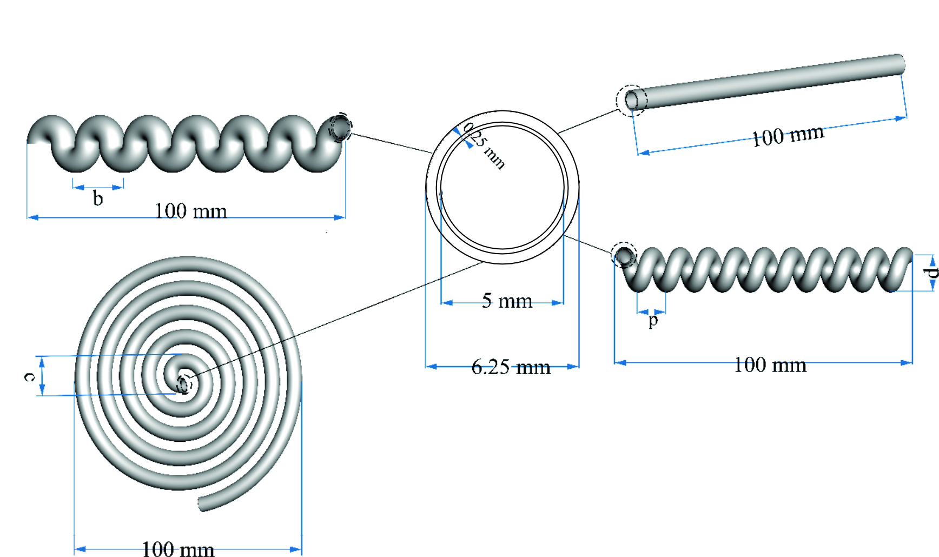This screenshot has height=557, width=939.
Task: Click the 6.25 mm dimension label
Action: tap(511, 368)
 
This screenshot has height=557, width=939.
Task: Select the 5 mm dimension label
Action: tap(507, 301)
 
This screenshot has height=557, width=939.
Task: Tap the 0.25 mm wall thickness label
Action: tap(484, 145)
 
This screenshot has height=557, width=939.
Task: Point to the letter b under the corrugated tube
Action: tap(98, 198)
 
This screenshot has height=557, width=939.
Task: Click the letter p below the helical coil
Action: tap(653, 321)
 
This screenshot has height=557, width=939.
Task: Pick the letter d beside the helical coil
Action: tap(931, 272)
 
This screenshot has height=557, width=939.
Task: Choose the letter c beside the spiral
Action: tap(29, 376)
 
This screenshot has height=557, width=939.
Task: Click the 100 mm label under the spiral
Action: tap(178, 549)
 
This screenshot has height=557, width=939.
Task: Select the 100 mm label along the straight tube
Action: tap(788, 135)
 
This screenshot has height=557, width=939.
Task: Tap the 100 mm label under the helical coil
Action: tap(770, 365)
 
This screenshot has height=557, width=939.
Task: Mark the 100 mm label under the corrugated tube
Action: tap(191, 211)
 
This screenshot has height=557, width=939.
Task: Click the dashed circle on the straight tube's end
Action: tap(632, 100)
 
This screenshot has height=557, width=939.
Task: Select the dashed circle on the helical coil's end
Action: tap(624, 255)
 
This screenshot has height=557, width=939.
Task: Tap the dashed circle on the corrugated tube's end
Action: tap(341, 128)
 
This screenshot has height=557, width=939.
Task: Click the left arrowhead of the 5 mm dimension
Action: tap(447, 303)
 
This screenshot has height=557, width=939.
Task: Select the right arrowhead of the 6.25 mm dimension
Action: tap(573, 366)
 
